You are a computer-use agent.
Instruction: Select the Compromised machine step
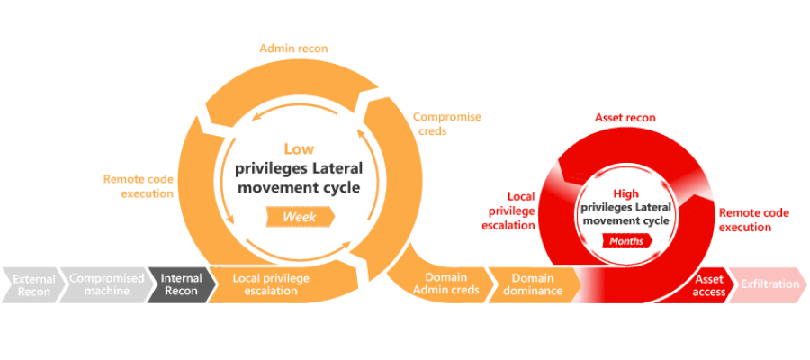pos(106,285)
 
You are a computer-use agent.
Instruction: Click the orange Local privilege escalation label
pos(271,284)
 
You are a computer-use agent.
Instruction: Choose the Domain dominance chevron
pos(533,284)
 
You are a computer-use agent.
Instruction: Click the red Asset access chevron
pos(711,285)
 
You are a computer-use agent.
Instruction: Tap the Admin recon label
pos(293,49)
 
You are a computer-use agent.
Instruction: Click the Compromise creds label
pos(446,124)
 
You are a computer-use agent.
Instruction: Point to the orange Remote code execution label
pos(139,186)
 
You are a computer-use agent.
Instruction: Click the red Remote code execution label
pos(754,220)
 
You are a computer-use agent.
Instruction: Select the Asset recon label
pos(625,118)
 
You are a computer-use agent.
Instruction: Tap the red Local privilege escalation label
pos(508,211)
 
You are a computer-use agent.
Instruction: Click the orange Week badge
pos(300,217)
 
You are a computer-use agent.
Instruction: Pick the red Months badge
pos(627,241)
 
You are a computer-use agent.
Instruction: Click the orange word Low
pos(299,149)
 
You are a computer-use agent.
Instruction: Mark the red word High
pos(625,193)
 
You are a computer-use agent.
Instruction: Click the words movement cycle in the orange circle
pos(298,187)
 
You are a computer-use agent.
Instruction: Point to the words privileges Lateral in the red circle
pos(626,208)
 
